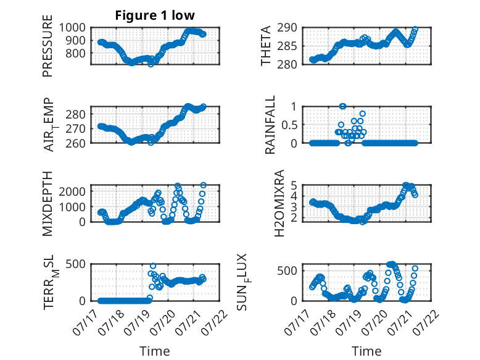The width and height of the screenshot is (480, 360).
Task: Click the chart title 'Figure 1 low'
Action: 155,15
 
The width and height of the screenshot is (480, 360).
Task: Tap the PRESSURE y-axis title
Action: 48,46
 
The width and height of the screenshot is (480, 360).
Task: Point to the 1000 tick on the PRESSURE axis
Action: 72,28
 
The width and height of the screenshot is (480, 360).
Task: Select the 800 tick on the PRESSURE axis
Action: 75,53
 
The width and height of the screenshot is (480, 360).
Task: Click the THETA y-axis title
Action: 266,46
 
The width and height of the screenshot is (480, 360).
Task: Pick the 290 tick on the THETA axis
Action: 287,28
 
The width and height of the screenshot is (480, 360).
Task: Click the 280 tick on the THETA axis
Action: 287,64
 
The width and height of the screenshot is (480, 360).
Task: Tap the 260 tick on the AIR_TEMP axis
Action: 75,143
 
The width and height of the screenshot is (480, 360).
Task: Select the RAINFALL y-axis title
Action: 270,125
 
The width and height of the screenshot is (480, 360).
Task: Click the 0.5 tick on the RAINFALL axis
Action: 289,125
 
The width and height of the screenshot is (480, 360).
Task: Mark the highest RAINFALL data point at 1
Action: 342,106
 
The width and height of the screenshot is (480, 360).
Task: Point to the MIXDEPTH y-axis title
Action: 48,203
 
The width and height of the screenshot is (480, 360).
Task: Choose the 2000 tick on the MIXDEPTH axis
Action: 72,192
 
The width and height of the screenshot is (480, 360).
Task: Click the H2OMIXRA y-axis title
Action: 279,203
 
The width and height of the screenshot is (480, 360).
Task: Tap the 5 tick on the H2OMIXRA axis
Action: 294,185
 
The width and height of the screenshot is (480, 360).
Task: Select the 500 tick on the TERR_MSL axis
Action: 75,264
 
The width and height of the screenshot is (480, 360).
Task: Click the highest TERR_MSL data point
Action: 153,266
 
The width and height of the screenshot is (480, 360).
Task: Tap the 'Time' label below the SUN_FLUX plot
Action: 366,351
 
